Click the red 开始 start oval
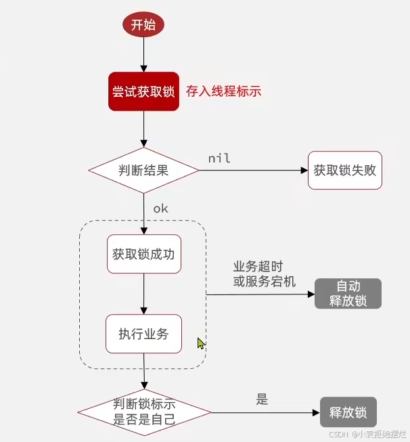point(143,25)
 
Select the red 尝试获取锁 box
point(143,91)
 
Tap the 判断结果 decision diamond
point(143,171)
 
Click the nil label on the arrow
point(219,158)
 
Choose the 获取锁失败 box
point(345,170)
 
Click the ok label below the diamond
point(160,208)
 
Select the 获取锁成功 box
point(143,255)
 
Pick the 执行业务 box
point(143,333)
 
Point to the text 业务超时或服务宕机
point(265,274)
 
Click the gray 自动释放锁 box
point(348,294)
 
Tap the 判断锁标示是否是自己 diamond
point(144,412)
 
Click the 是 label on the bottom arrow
point(263,399)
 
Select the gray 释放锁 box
point(348,412)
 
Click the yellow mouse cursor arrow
point(200,343)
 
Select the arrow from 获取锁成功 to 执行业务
point(143,294)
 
